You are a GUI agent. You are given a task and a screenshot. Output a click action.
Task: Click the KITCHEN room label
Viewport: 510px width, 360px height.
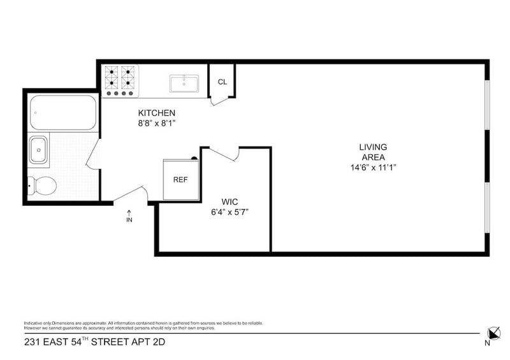157,113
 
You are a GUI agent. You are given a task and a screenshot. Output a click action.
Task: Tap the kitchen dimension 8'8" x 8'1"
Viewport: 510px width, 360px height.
157,124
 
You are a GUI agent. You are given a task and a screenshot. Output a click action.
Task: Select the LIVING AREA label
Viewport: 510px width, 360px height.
373,152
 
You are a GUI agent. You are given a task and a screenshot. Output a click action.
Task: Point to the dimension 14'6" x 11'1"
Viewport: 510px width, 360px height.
373,168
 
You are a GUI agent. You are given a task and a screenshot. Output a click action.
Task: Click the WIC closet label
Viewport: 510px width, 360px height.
229,201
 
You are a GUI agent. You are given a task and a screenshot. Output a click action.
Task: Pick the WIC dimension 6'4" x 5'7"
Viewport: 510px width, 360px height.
229,212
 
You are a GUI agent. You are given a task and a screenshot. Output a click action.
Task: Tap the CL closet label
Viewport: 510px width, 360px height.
222,82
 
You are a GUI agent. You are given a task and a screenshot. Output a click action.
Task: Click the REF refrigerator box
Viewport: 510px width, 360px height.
181,179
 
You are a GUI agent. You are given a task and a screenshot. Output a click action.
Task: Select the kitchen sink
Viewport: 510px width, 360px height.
184,83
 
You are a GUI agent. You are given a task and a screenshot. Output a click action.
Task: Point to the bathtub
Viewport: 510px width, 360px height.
62,113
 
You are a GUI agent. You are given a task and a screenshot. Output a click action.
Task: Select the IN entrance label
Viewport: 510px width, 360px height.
129,220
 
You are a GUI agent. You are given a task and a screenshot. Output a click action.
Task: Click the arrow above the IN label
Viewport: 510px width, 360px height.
129,212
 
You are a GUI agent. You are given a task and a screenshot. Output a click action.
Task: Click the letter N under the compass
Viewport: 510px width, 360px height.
488,343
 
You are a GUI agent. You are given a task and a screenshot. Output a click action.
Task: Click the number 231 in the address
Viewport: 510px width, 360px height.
33,342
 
